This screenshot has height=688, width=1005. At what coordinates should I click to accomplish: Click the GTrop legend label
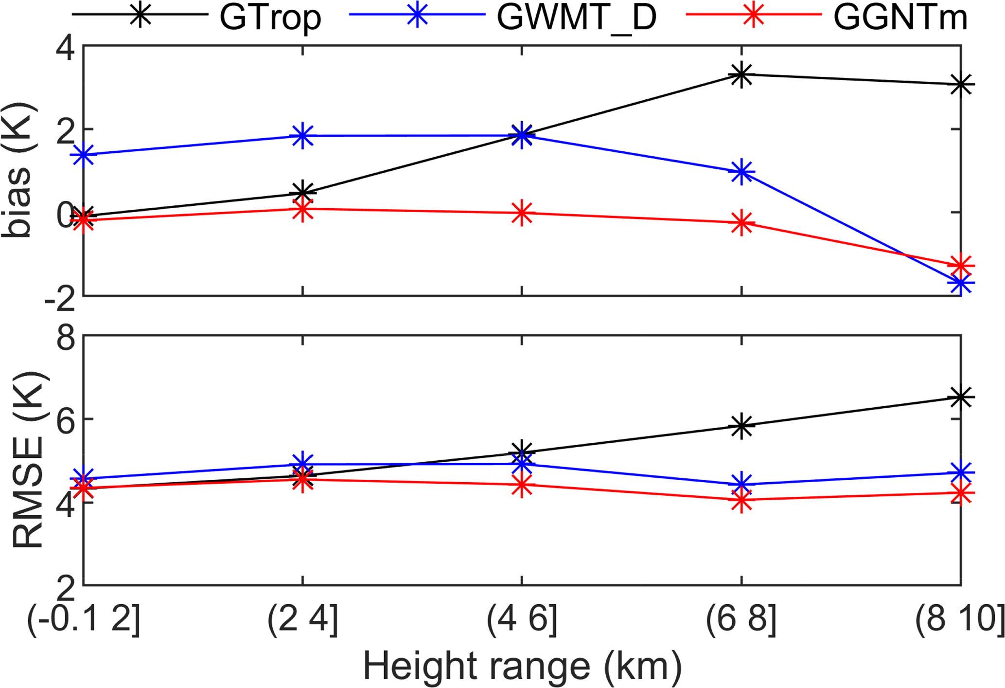[270, 18]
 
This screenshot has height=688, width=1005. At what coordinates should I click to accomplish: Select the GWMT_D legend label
[576, 18]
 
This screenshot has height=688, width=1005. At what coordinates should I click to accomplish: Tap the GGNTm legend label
[900, 18]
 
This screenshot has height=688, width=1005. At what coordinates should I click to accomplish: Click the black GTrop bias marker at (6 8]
[741, 75]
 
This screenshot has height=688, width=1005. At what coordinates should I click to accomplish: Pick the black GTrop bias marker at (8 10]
[961, 84]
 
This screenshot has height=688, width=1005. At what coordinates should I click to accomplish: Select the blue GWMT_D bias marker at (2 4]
[302, 136]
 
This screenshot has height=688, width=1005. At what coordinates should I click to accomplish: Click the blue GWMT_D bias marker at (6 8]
[741, 172]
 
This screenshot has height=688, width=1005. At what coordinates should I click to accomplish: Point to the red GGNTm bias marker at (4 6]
[522, 213]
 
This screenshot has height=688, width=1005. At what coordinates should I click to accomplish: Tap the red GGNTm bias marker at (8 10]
[961, 266]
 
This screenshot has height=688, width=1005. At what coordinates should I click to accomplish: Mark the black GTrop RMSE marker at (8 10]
[961, 397]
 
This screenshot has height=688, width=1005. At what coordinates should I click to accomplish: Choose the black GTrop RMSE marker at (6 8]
[741, 426]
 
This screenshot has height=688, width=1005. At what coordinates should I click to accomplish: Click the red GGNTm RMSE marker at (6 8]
[741, 500]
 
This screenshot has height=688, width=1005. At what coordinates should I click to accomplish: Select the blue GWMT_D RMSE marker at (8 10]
[961, 472]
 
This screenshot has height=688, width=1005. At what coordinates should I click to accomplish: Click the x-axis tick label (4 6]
[522, 620]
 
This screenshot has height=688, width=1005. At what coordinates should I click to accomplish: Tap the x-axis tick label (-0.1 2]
[84, 620]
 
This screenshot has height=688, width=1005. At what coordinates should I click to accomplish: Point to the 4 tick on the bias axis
[66, 48]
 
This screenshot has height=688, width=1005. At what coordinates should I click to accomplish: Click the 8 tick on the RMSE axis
[66, 337]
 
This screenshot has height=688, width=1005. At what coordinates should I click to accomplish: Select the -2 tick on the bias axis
[59, 298]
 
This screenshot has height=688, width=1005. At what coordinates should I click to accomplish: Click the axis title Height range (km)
[522, 667]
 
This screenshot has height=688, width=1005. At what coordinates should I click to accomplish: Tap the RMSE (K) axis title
[28, 460]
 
